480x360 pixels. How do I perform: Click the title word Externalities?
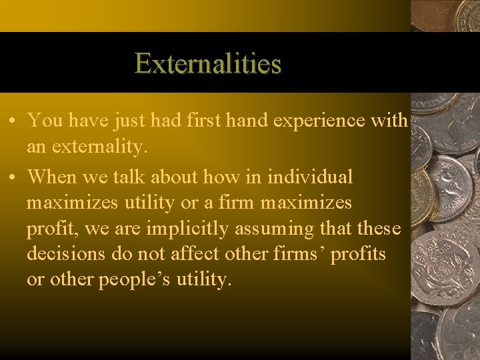[208, 64]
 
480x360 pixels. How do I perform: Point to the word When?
[53, 177]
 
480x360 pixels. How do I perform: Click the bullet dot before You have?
[13, 121]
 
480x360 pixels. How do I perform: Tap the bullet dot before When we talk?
[13, 178]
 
